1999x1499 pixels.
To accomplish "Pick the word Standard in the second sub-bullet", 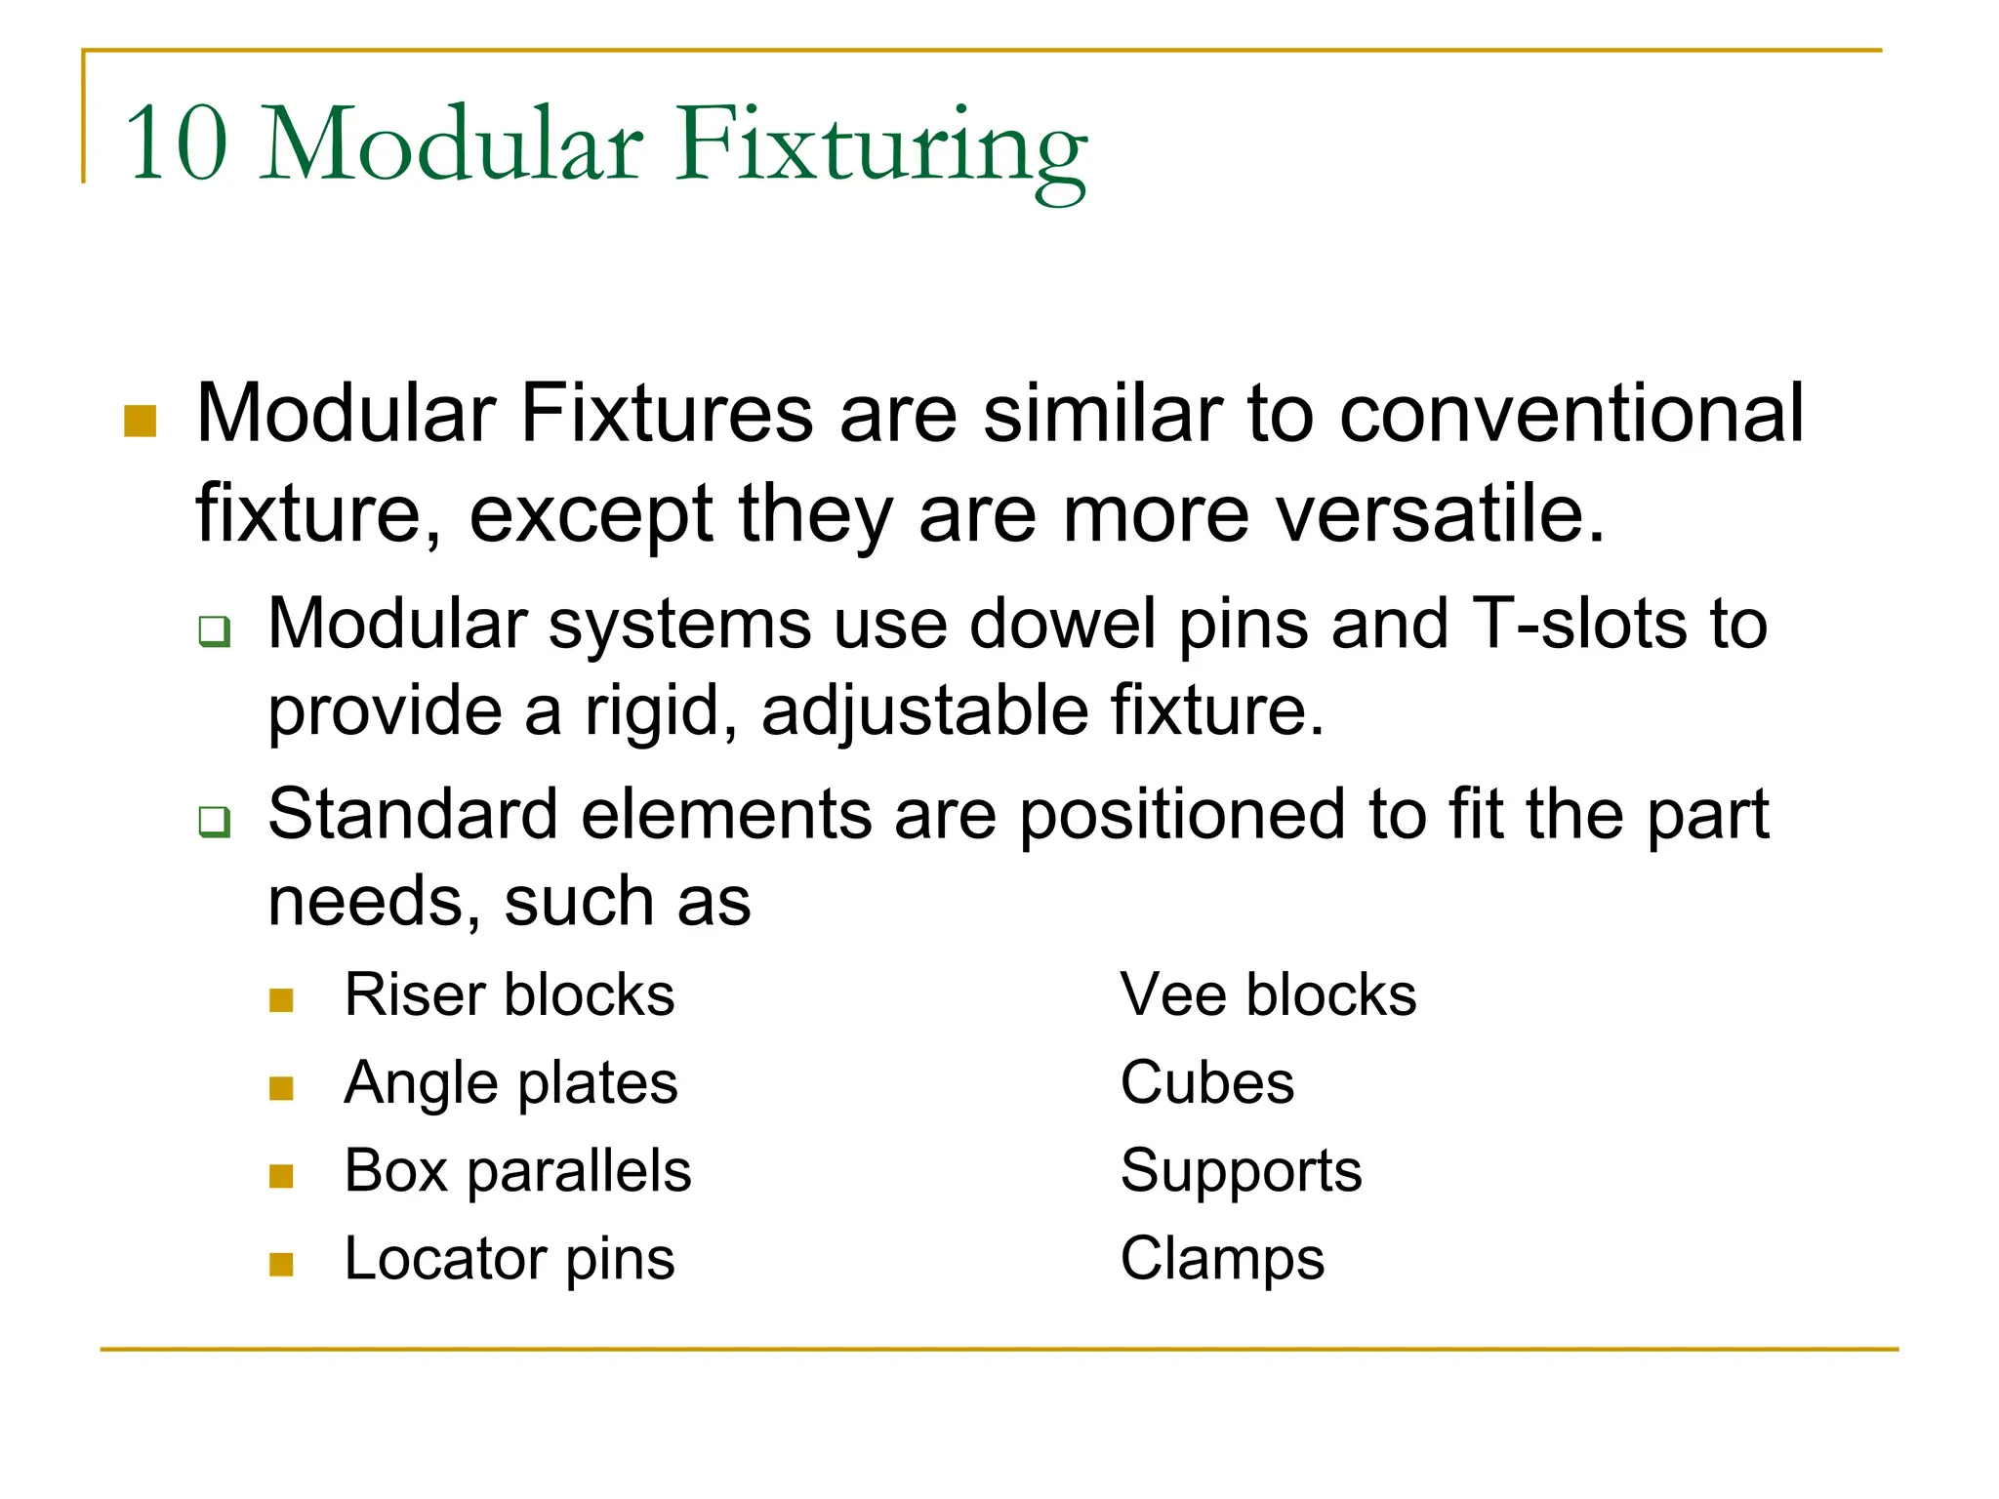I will coord(412,814).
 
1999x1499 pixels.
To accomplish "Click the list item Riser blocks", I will coord(510,995).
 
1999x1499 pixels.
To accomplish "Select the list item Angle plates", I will coord(510,1083).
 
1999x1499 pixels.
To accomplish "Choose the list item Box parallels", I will coord(517,1171).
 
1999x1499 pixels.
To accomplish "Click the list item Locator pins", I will coord(510,1259).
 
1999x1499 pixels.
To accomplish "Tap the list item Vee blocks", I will coord(1268,995).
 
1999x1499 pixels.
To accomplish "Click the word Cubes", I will coord(1207,1083).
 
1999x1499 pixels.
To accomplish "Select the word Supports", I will coord(1241,1171).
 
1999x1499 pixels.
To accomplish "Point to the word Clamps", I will coord(1222,1259).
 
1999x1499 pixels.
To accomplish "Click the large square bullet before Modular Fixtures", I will coord(141,422).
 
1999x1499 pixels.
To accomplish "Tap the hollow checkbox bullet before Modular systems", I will coord(214,631).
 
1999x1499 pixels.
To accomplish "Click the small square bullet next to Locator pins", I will coord(281,1265).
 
